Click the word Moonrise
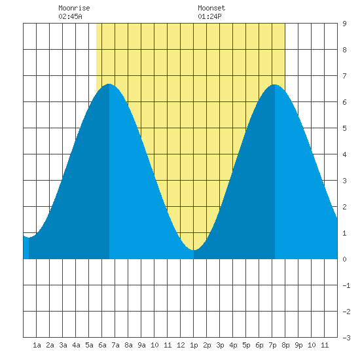[74, 8]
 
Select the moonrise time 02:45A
[70, 16]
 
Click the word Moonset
[211, 8]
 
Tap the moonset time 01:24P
[209, 16]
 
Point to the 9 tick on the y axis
[344, 24]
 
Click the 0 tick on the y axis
[344, 259]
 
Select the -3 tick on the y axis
[346, 338]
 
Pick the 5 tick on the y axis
[344, 128]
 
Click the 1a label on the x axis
[37, 345]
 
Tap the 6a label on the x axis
[102, 345]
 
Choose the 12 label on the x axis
[181, 345]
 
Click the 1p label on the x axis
[194, 345]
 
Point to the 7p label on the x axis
[272, 345]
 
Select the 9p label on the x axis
[298, 345]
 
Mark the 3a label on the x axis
[63, 345]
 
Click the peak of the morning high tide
[109, 84]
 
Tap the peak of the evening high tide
[275, 84]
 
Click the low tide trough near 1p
[194, 250]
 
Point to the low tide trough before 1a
[29, 238]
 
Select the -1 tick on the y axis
[346, 285]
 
